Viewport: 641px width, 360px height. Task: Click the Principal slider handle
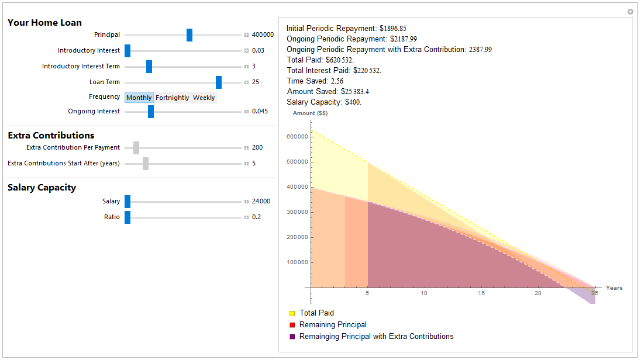(189, 35)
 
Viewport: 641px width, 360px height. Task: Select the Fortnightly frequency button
(173, 98)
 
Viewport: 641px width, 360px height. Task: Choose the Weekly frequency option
(204, 98)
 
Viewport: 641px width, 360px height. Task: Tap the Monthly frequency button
(139, 98)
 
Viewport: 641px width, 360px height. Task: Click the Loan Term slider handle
(219, 82)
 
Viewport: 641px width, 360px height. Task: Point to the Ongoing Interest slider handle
(151, 112)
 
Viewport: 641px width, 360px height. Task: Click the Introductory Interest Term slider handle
(149, 67)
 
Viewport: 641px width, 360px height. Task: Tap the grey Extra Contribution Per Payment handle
(136, 148)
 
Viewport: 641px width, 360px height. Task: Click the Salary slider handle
(127, 202)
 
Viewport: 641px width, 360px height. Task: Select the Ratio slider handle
(127, 217)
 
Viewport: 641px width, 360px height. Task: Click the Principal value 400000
(263, 35)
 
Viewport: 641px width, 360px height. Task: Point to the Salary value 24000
(261, 202)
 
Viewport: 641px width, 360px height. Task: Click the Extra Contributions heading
(51, 136)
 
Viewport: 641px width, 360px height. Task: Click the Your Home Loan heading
(44, 23)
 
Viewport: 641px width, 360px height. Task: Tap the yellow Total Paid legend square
(292, 314)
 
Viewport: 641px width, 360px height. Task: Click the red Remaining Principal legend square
(292, 325)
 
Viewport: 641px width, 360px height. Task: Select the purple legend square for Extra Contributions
(292, 337)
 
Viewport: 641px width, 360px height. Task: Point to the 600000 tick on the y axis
(297, 137)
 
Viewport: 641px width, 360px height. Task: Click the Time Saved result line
(315, 81)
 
